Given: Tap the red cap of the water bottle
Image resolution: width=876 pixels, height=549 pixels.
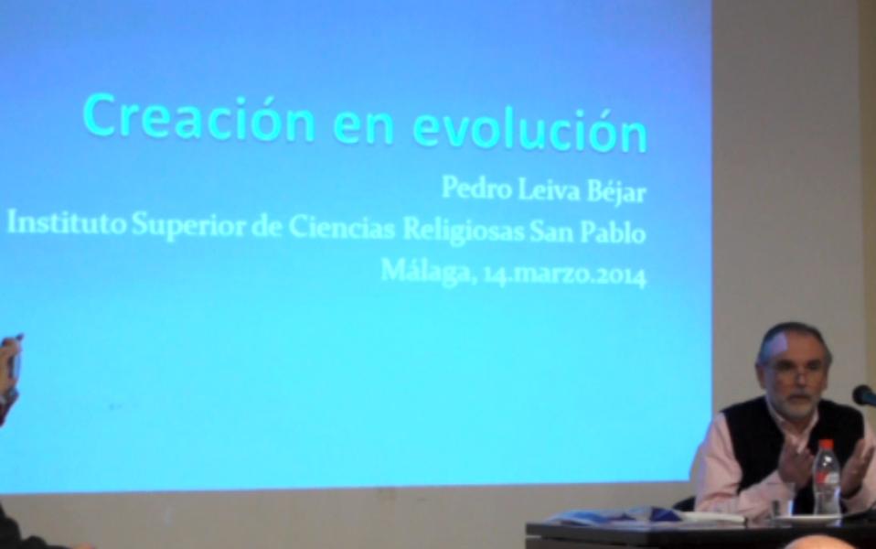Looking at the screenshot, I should (x=826, y=446).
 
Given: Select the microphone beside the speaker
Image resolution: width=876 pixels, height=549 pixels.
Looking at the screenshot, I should (x=864, y=395).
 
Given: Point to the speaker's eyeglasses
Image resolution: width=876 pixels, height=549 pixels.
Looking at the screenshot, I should (x=792, y=371).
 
